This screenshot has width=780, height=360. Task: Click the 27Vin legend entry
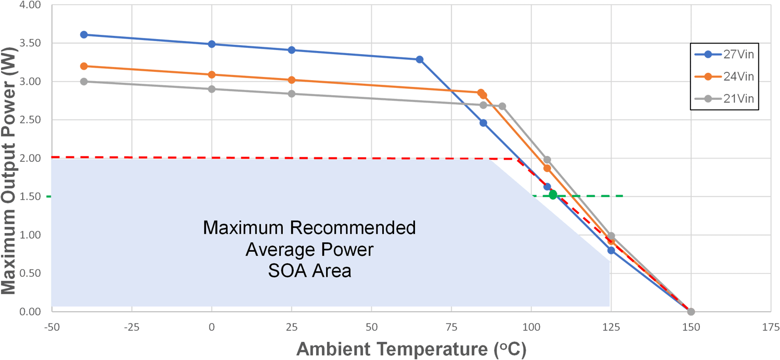click(723, 54)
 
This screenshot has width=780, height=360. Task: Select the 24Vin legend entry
click(723, 76)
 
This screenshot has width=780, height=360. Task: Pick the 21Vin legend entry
click(723, 99)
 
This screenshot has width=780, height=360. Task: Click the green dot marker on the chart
click(553, 195)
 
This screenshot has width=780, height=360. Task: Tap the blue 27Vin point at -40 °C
click(84, 34)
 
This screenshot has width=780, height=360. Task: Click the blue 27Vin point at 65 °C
click(420, 59)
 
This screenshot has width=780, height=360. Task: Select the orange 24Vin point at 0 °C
click(212, 74)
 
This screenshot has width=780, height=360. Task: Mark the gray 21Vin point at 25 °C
click(291, 94)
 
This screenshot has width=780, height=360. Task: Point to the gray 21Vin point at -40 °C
click(84, 81)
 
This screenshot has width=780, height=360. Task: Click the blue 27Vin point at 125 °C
click(611, 250)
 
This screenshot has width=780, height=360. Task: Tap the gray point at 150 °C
click(691, 312)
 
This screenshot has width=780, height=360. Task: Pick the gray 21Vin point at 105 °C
click(547, 160)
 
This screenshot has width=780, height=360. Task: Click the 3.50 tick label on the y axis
click(29, 43)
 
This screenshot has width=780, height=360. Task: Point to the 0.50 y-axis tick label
click(29, 273)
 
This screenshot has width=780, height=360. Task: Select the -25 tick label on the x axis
click(132, 327)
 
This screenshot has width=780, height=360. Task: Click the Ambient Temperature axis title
click(411, 348)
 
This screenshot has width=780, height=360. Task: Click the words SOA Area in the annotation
click(309, 271)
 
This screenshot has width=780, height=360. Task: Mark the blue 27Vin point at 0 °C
click(212, 44)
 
